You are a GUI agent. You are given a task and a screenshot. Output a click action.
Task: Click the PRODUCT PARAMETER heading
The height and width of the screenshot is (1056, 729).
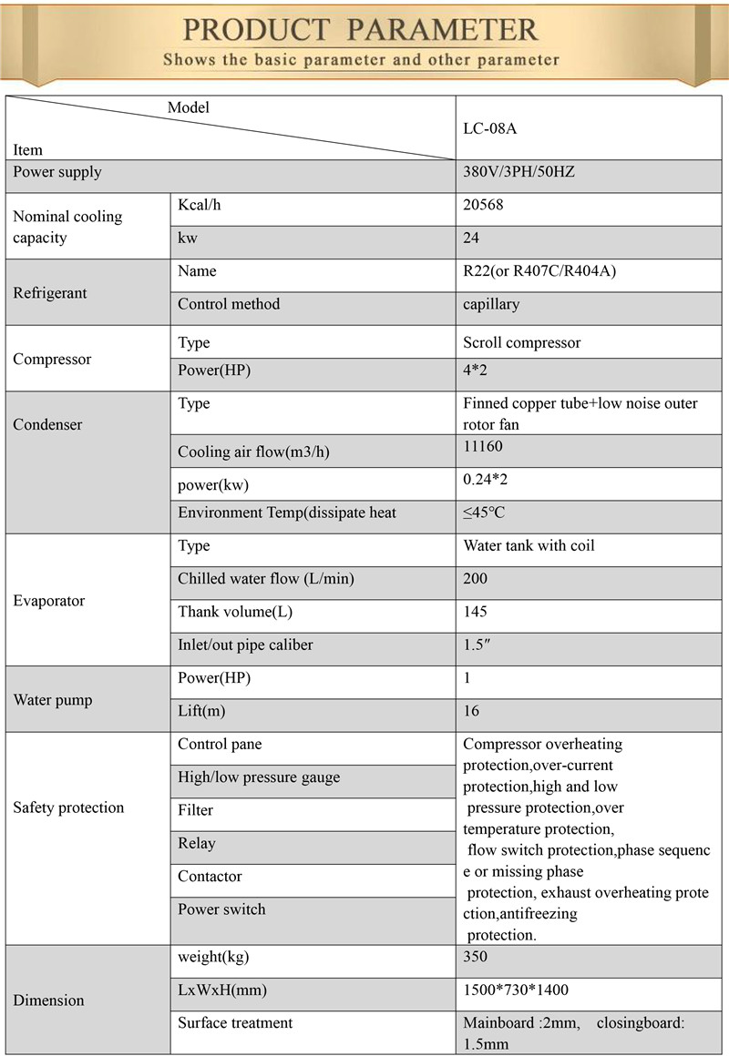pyautogui.click(x=361, y=29)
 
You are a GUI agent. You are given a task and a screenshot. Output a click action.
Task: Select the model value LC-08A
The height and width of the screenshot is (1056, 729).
pyautogui.click(x=489, y=128)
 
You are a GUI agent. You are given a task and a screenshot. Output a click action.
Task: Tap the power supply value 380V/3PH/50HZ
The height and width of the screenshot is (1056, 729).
pyautogui.click(x=519, y=172)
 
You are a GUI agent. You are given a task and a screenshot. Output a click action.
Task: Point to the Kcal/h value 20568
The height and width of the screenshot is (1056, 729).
pyautogui.click(x=483, y=206)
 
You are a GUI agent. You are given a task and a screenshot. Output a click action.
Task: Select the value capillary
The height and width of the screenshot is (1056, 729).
pyautogui.click(x=491, y=304)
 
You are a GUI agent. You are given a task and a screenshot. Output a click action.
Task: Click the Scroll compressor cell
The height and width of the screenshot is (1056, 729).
pyautogui.click(x=521, y=343)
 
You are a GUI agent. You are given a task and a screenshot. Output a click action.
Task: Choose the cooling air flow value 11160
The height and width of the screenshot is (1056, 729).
pyautogui.click(x=482, y=447)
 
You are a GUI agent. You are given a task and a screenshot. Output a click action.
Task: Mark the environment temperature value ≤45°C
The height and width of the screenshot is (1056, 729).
pyautogui.click(x=483, y=513)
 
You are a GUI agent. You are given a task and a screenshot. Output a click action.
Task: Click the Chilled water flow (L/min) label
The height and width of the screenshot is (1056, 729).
pyautogui.click(x=265, y=579)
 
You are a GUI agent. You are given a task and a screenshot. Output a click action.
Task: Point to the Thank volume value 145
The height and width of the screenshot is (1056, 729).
pyautogui.click(x=475, y=612)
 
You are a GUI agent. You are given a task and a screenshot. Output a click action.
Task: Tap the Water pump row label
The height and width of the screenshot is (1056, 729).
pyautogui.click(x=53, y=700)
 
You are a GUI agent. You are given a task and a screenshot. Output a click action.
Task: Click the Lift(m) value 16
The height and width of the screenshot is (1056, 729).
pyautogui.click(x=471, y=711)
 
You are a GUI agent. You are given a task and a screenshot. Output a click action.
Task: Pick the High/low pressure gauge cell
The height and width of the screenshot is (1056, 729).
pyautogui.click(x=259, y=777)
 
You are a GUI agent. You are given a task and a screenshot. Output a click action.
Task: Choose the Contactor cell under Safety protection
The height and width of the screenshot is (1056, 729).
pyautogui.click(x=210, y=877)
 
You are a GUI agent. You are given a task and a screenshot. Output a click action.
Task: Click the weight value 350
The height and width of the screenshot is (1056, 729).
pyautogui.click(x=475, y=957)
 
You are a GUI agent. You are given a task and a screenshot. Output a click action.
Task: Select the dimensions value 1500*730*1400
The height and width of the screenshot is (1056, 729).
pyautogui.click(x=516, y=990)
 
